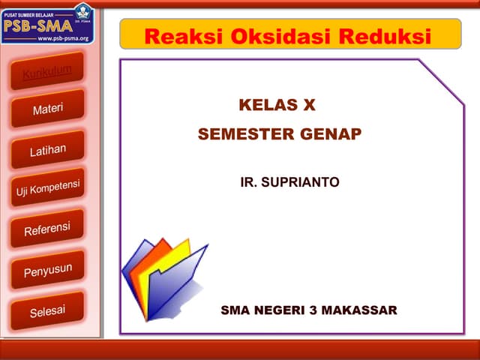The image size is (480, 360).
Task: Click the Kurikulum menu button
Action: [46, 72]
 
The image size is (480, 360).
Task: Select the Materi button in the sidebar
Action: [47, 109]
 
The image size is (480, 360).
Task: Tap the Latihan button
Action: [47, 150]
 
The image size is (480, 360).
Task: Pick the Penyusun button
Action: [47, 269]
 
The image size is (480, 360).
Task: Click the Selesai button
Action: [47, 310]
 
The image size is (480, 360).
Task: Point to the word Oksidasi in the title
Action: [273, 36]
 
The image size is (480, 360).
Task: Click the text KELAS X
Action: [277, 105]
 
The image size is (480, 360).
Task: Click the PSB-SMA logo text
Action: [37, 24]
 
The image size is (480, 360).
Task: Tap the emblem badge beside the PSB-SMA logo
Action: [82, 13]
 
